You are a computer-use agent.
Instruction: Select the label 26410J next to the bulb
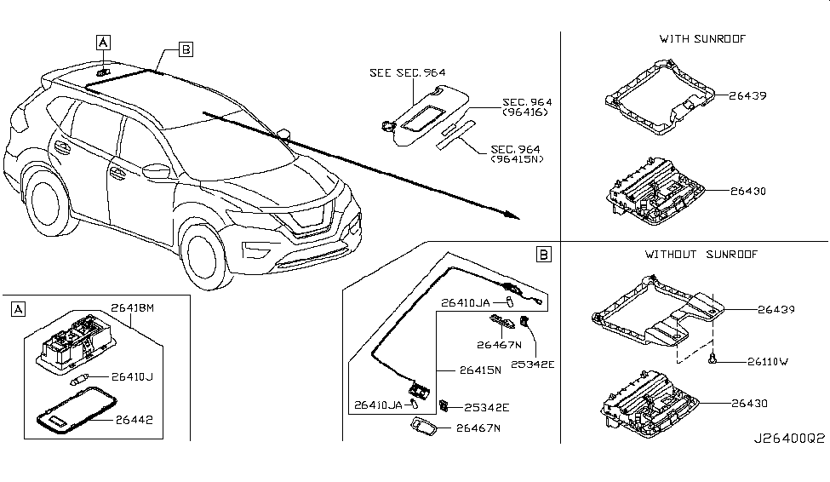132,376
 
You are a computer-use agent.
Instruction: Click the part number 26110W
768,361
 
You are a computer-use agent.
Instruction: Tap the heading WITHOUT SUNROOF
701,254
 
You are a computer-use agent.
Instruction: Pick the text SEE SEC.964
408,73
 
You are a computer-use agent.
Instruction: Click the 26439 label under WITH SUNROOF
747,95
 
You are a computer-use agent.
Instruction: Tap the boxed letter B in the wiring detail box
544,254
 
